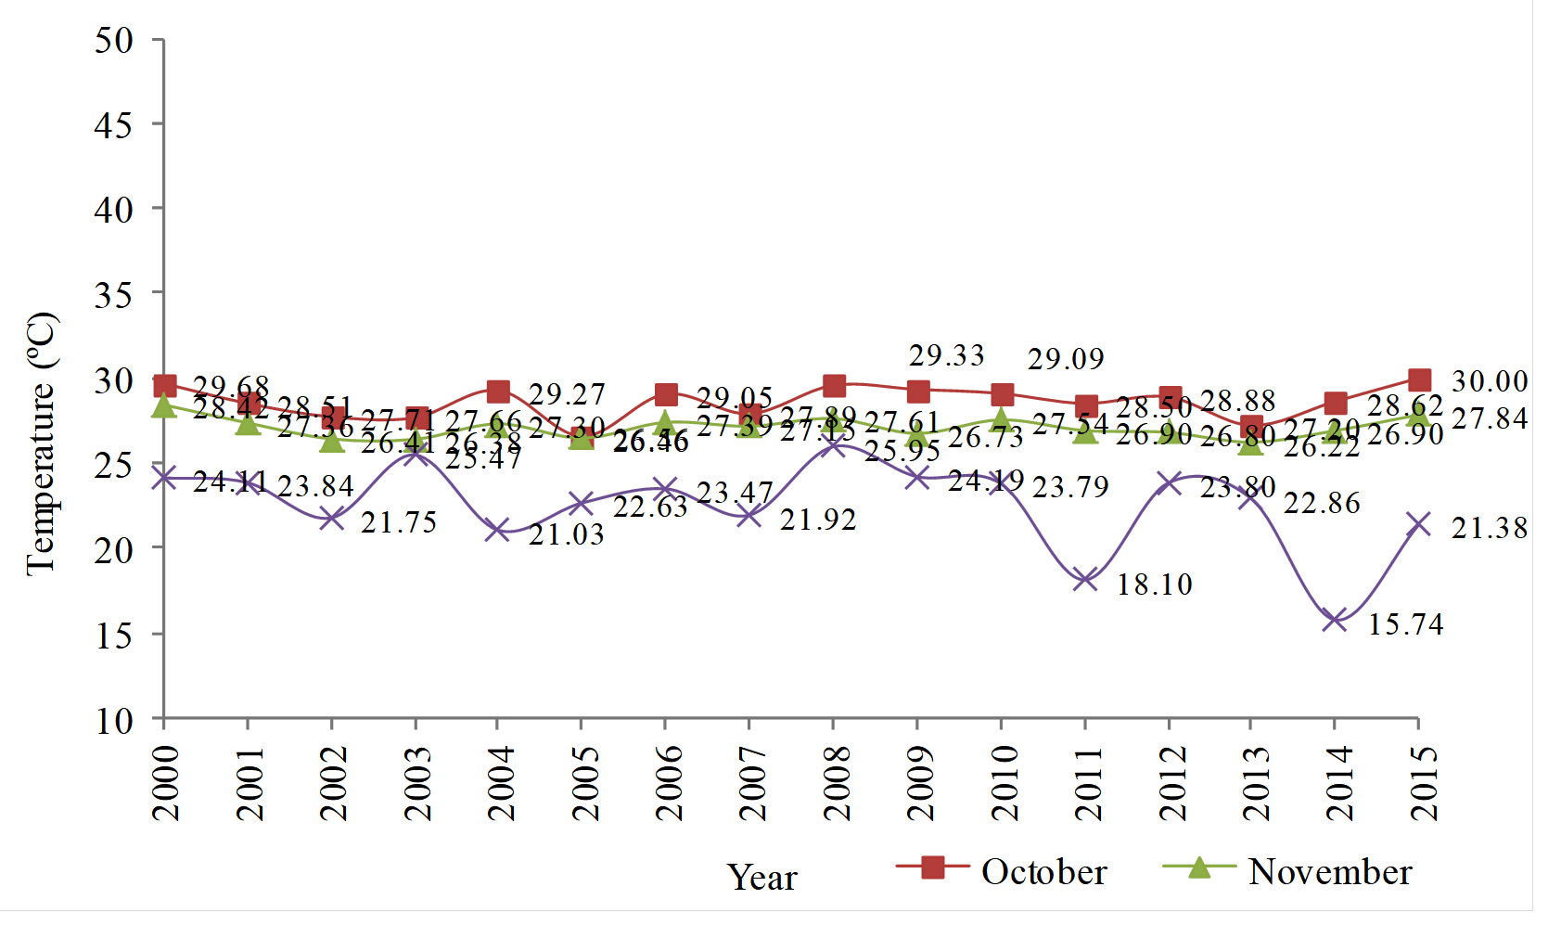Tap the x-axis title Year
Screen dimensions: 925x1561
point(761,877)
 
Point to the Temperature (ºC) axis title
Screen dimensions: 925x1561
point(42,443)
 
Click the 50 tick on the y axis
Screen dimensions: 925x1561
point(114,40)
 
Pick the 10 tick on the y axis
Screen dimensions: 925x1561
point(114,720)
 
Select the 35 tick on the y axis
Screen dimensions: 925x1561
point(114,295)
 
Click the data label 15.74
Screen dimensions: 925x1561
point(1405,624)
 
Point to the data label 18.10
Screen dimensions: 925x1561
point(1154,585)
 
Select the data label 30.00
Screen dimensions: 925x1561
point(1489,381)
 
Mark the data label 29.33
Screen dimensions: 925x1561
point(946,355)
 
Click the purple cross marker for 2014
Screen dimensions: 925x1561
point(1335,620)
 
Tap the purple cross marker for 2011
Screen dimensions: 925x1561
point(1084,580)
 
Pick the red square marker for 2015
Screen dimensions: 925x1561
point(1418,379)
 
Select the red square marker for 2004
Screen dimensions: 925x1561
point(498,392)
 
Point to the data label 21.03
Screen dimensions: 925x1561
point(566,534)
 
